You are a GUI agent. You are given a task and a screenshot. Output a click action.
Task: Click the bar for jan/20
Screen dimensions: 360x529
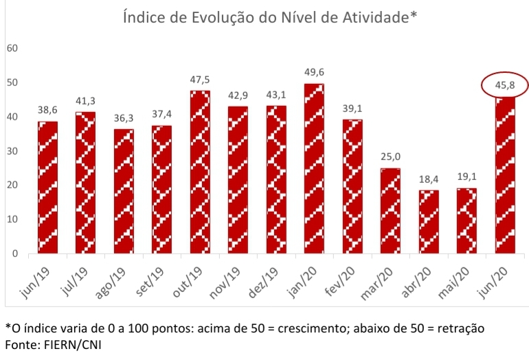click(x=313, y=168)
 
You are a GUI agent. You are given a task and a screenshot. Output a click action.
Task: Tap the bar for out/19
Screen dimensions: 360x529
click(x=200, y=172)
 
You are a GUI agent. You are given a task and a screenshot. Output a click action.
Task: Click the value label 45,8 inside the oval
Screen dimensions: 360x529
click(x=504, y=86)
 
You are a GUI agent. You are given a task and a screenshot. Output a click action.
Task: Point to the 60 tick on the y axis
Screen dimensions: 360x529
click(x=12, y=48)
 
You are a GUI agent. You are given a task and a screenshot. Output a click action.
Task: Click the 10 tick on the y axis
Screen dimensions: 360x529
click(x=12, y=219)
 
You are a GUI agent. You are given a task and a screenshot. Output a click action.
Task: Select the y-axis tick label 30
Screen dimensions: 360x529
click(x=12, y=150)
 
